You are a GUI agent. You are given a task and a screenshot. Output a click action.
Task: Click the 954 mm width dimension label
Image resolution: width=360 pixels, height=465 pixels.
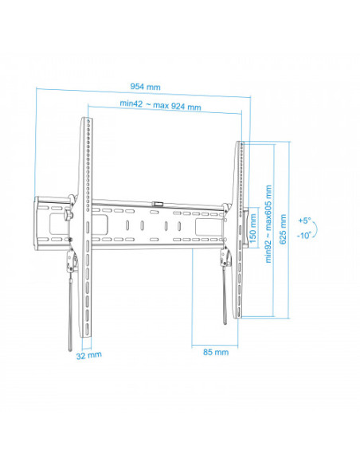[x=145, y=87]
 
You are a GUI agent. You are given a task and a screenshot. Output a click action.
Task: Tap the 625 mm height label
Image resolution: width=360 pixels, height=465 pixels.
[x=283, y=229]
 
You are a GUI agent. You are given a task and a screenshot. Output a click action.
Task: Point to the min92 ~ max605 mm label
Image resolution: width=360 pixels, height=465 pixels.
[x=268, y=224]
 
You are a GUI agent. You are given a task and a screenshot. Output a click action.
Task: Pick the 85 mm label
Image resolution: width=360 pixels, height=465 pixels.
[x=216, y=352]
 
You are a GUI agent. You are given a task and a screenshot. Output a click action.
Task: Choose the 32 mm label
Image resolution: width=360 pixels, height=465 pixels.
[x=88, y=355]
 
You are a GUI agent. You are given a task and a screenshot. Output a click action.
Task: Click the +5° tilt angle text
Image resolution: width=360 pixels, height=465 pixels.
[x=304, y=221]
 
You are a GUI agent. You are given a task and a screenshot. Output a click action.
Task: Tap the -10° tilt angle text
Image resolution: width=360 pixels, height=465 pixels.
[x=304, y=236]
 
